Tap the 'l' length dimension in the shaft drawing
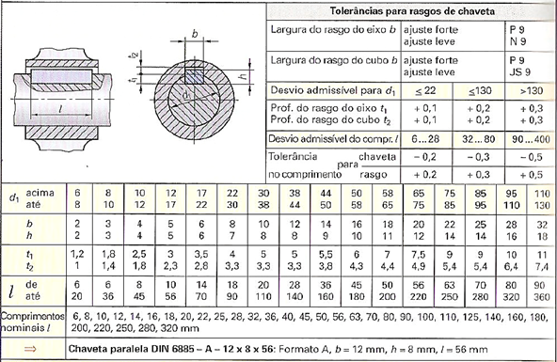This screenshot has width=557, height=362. point(62,112)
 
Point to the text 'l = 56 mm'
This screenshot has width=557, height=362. point(463,347)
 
